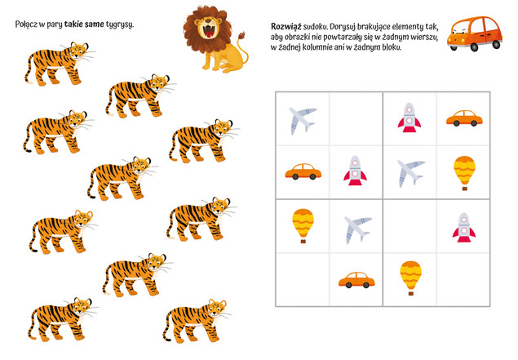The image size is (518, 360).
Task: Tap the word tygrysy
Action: (x=120, y=24)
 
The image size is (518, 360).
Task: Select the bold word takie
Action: (x=73, y=24)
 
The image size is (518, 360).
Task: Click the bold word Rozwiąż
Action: (x=286, y=26)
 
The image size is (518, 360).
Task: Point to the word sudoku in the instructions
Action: (x=315, y=26)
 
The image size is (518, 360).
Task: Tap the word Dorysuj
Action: (x=343, y=27)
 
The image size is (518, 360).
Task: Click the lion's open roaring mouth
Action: (x=209, y=31)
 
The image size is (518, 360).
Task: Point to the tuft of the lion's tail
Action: (x=242, y=35)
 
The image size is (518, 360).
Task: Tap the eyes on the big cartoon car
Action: (x=459, y=32)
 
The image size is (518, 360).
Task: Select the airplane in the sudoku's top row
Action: (x=303, y=120)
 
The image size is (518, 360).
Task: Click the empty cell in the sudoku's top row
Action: (x=356, y=119)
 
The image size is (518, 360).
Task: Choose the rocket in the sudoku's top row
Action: (x=410, y=118)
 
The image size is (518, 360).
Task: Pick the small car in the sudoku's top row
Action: (x=464, y=118)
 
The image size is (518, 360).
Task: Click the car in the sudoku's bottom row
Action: (x=356, y=280)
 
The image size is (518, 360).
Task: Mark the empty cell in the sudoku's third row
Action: (x=410, y=226)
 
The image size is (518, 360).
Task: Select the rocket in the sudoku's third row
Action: (x=464, y=228)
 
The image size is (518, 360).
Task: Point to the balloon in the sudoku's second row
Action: (x=464, y=173)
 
